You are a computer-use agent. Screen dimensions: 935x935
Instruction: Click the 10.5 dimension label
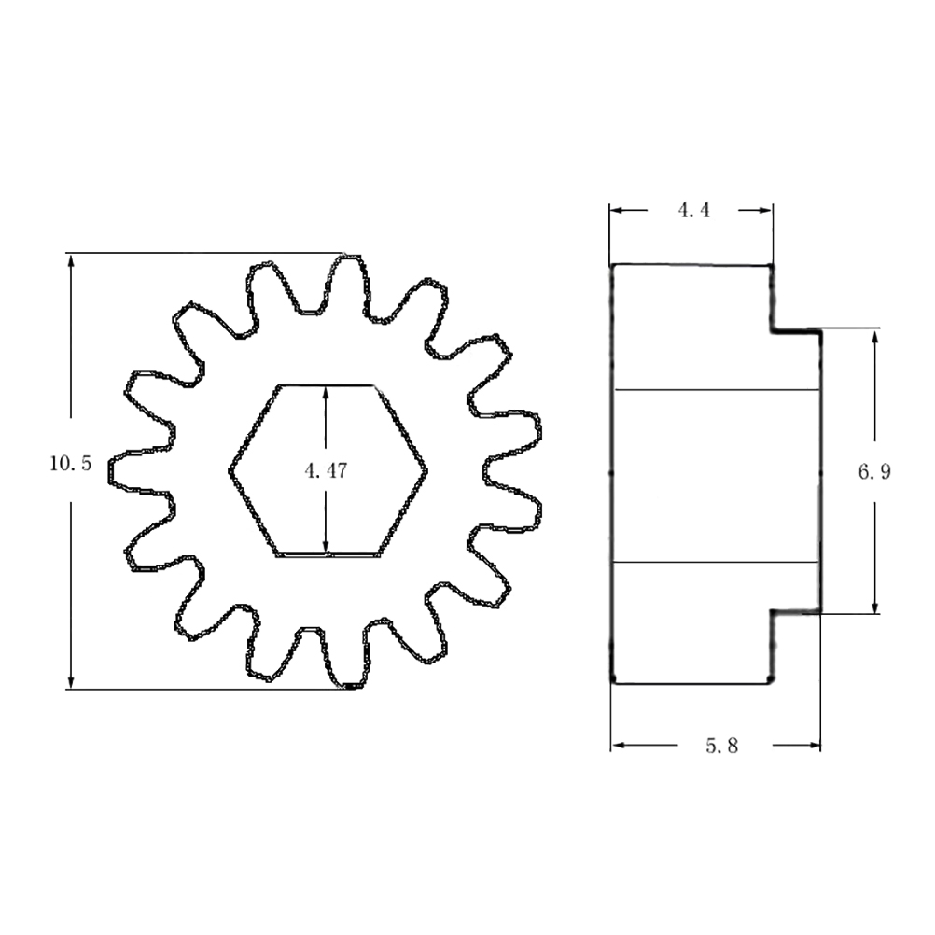tap(70, 464)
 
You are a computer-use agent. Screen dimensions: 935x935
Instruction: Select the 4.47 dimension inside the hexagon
tap(326, 471)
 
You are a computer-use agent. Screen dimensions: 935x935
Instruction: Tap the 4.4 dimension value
tap(693, 210)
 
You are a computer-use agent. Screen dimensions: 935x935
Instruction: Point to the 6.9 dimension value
tap(874, 471)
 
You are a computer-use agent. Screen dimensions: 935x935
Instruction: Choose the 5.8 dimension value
tap(721, 746)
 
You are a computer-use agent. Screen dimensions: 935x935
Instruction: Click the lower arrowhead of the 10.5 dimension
tap(71, 680)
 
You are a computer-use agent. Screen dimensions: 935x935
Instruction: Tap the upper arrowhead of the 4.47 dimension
tap(325, 394)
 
